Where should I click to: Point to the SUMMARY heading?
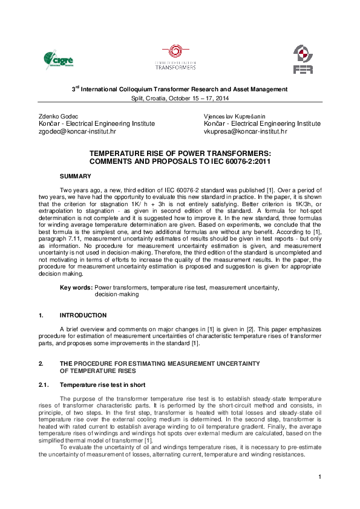pos(75,176)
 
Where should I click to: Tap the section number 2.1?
pos(43,384)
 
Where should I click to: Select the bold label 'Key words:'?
pos(76,287)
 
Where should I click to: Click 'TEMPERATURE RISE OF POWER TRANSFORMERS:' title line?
pos(180,154)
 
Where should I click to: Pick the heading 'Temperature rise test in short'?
pos(102,384)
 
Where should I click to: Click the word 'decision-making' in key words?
pos(117,294)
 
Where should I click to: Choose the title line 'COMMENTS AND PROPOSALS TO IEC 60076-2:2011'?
pos(180,162)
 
